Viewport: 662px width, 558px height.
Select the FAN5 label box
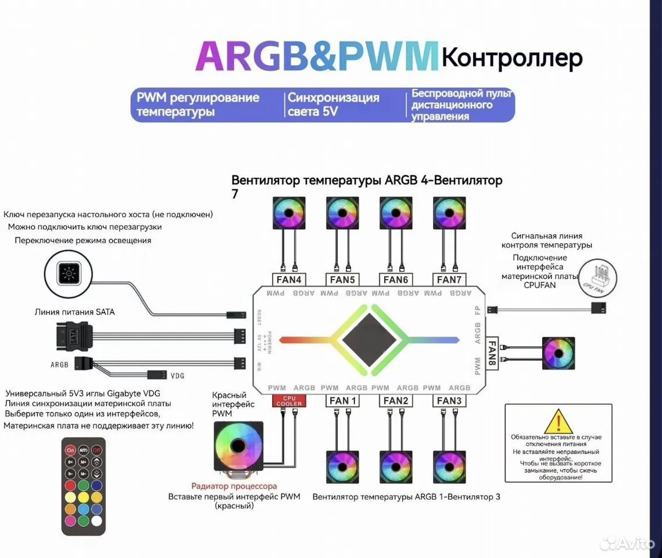[342, 280]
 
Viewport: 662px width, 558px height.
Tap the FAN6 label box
[396, 280]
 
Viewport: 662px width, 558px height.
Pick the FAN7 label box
[449, 280]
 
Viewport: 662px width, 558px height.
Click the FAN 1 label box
[343, 400]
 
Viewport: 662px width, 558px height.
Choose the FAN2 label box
[396, 400]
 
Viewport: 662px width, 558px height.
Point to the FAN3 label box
[449, 400]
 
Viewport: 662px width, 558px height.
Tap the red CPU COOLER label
[289, 400]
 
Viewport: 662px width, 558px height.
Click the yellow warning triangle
[558, 421]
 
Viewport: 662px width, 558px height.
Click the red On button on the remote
[70, 450]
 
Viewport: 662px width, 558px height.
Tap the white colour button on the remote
[97, 521]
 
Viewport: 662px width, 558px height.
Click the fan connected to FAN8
[559, 353]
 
